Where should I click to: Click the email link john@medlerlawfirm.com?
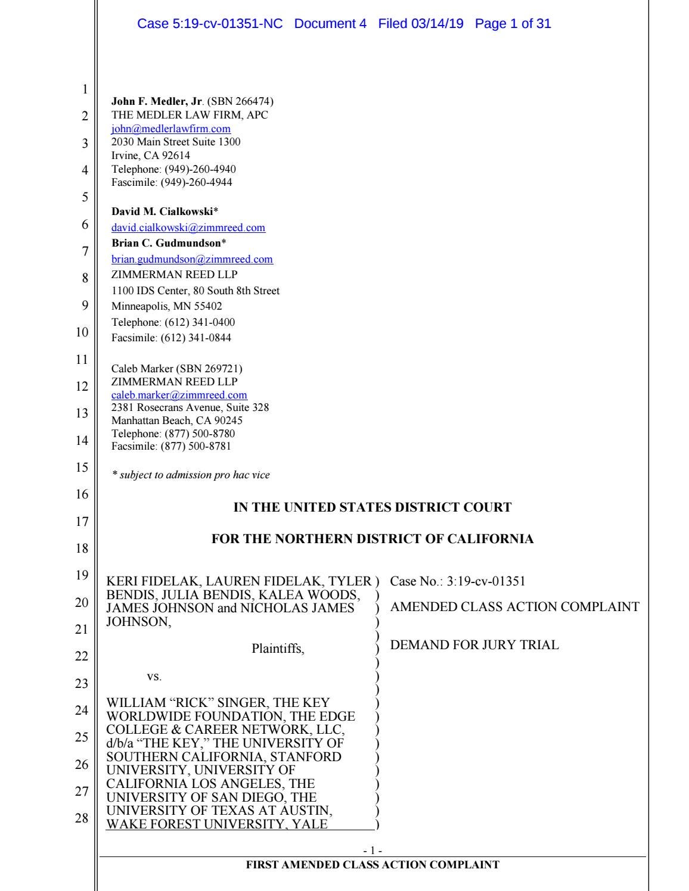171,129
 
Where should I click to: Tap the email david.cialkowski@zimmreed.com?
188,228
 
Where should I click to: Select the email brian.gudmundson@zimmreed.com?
192,259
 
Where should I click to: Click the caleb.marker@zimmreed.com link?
179,395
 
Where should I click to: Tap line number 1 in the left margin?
85,90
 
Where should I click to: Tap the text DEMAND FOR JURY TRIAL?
474,644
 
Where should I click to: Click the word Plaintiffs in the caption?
278,649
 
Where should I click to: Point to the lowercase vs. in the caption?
154,677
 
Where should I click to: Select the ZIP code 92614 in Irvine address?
176,155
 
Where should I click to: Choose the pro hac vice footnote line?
191,475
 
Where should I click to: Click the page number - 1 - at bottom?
373,851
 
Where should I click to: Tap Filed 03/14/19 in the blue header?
420,24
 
